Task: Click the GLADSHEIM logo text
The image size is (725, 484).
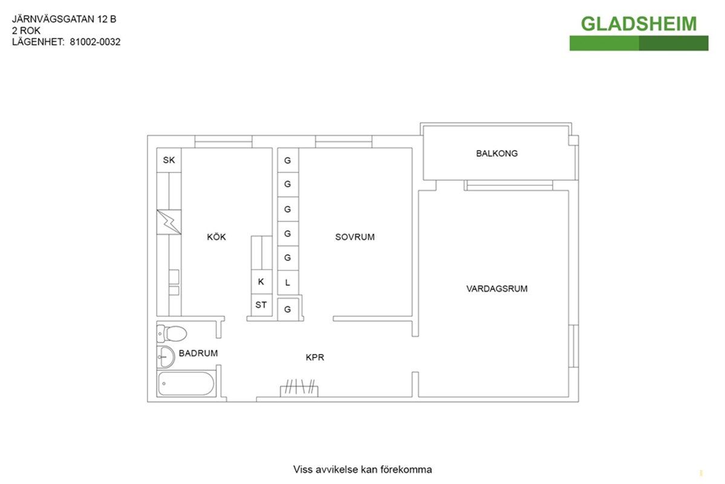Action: tap(639, 24)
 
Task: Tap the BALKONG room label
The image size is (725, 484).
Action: tap(496, 153)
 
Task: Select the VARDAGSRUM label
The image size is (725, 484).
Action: tap(496, 289)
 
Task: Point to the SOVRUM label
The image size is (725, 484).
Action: tap(355, 237)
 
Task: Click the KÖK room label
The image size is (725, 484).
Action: tap(216, 237)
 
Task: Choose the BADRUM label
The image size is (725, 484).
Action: tap(198, 353)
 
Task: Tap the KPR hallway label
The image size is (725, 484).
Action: tap(315, 357)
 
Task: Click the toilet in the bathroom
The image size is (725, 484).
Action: tap(172, 333)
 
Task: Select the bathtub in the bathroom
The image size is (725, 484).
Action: tap(186, 383)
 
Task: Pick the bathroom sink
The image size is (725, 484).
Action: tap(166, 357)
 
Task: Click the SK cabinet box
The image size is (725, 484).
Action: tap(169, 160)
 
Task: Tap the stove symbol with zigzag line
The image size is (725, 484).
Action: tap(169, 222)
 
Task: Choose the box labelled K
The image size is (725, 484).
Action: tap(261, 282)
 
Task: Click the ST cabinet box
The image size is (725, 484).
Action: tap(261, 305)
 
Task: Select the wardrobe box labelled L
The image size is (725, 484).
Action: tap(288, 283)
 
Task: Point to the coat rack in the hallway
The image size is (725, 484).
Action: tap(299, 388)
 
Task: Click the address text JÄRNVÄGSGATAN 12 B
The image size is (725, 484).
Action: tap(64, 19)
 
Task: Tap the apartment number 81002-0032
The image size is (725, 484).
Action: tap(96, 42)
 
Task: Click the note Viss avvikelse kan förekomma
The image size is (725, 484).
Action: tap(363, 469)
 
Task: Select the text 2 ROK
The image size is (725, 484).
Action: tap(27, 30)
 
